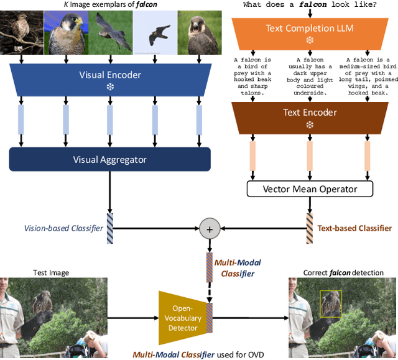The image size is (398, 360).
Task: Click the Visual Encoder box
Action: [109, 75]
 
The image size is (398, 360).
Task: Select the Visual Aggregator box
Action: [109, 160]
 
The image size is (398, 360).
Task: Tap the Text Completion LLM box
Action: [308, 29]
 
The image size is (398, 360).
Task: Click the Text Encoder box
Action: [309, 113]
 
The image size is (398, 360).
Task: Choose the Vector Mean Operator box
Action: [309, 188]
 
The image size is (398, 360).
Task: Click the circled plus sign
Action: [210, 229]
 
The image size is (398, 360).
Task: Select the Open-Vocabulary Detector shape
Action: [186, 318]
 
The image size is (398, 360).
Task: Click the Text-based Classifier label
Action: [354, 229]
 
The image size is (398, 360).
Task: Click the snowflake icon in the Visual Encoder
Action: [109, 86]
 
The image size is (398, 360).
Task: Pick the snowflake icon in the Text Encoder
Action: [309, 124]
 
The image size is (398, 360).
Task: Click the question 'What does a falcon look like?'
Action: [309, 4]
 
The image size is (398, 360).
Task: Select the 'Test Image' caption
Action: [50, 272]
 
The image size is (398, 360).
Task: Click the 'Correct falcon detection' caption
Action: [343, 272]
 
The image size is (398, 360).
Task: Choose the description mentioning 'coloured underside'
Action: [309, 75]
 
